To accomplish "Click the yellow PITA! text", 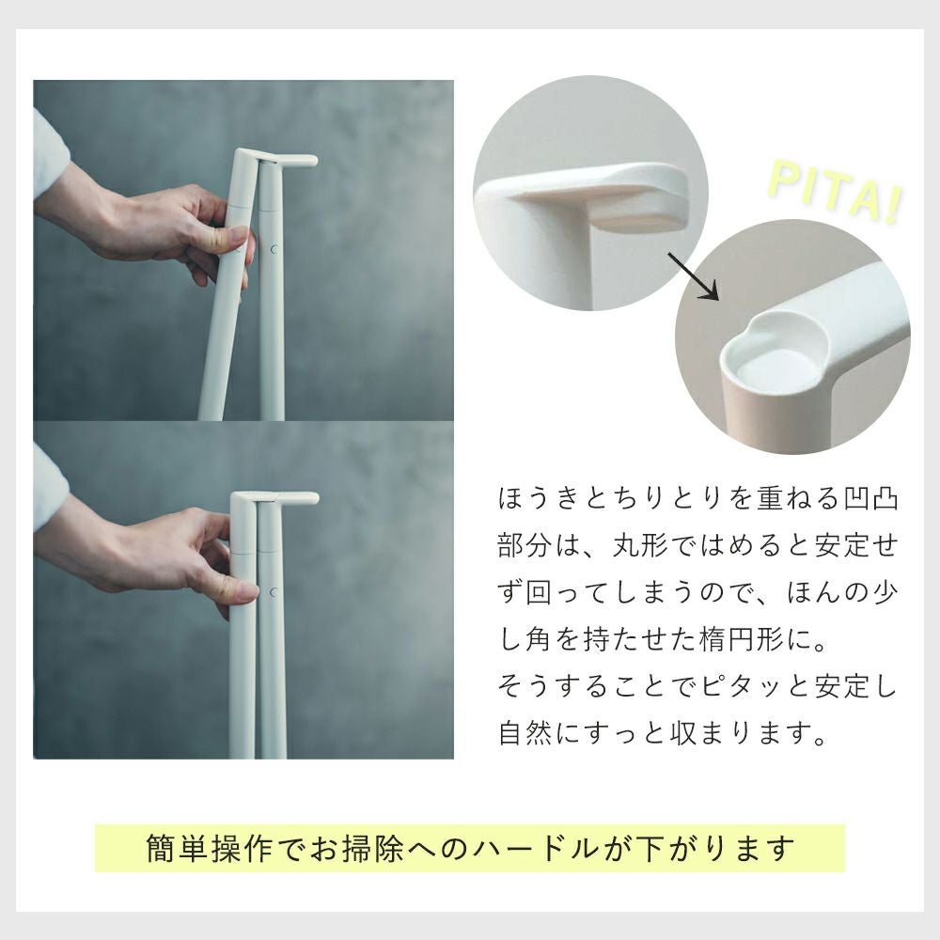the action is [x=836, y=191].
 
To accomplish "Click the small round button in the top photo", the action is [x=274, y=249].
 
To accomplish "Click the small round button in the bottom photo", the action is [x=274, y=592].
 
